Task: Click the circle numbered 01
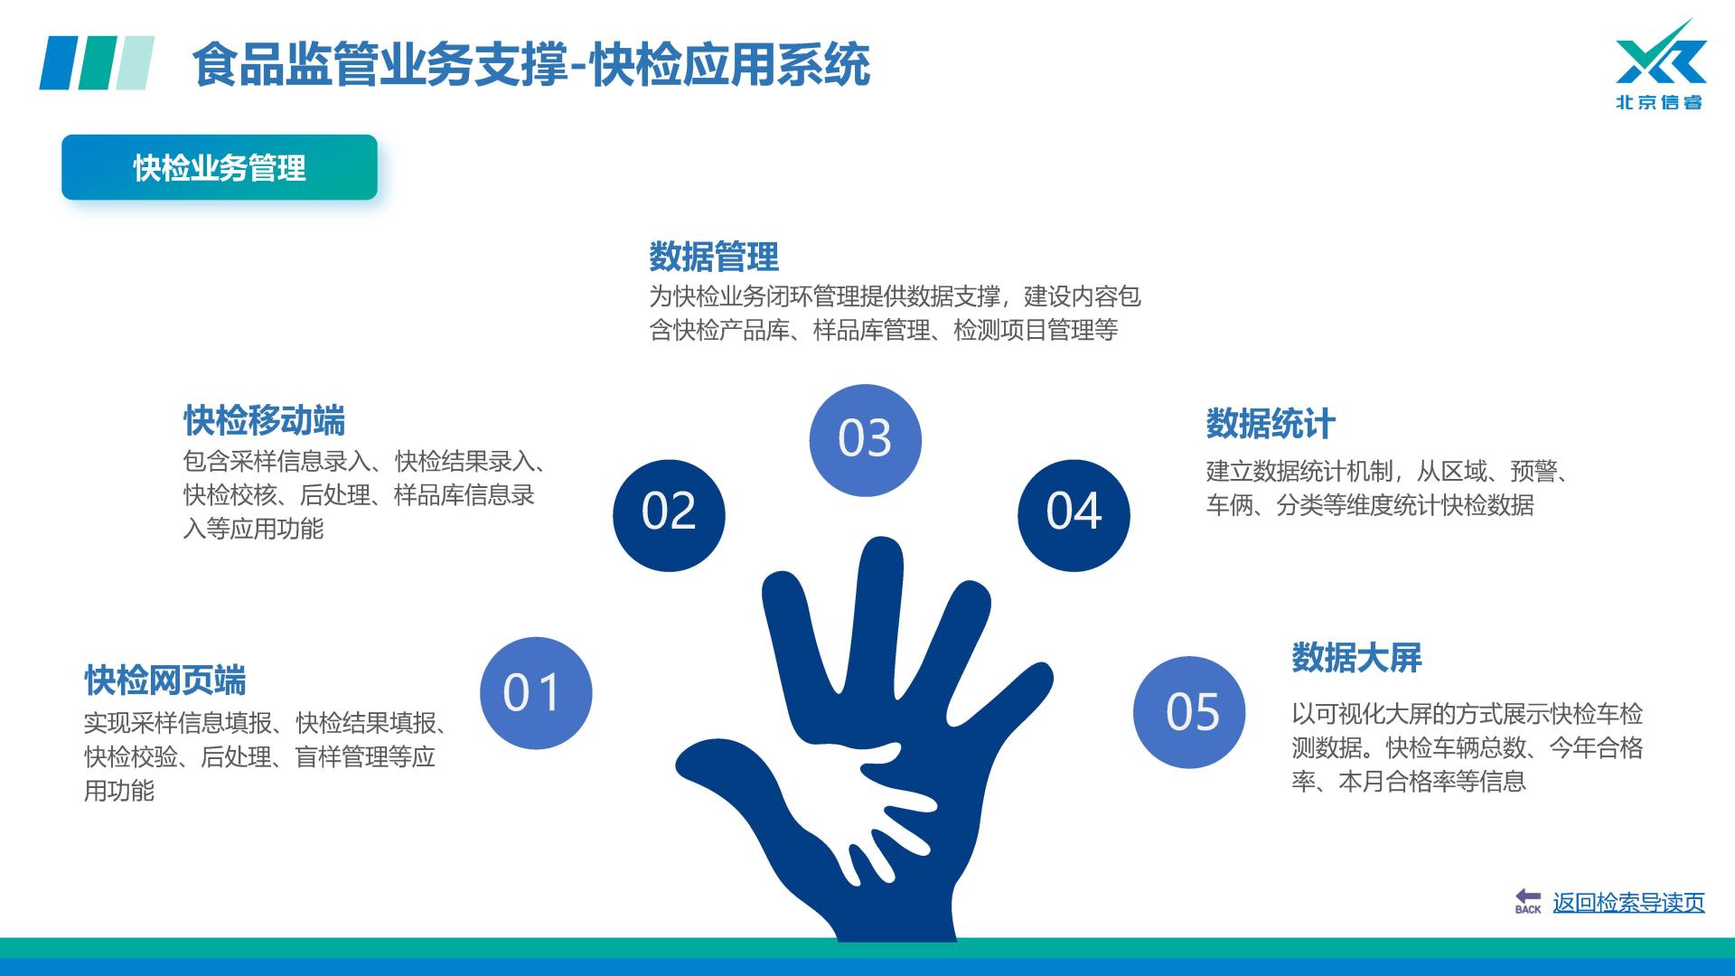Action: [x=536, y=693]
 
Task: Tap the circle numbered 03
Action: [x=865, y=440]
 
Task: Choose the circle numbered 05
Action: [x=1189, y=712]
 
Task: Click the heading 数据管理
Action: [x=714, y=258]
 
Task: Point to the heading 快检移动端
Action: [x=264, y=421]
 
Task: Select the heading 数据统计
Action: [x=1271, y=424]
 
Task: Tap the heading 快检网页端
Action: [x=165, y=680]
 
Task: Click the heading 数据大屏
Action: [x=1356, y=658]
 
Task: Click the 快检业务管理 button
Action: [x=220, y=167]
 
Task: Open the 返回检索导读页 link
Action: [x=1628, y=902]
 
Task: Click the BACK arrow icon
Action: [x=1528, y=901]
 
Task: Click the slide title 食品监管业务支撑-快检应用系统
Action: [x=531, y=65]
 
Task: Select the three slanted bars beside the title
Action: [x=97, y=63]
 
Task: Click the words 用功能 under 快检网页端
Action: [x=119, y=791]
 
